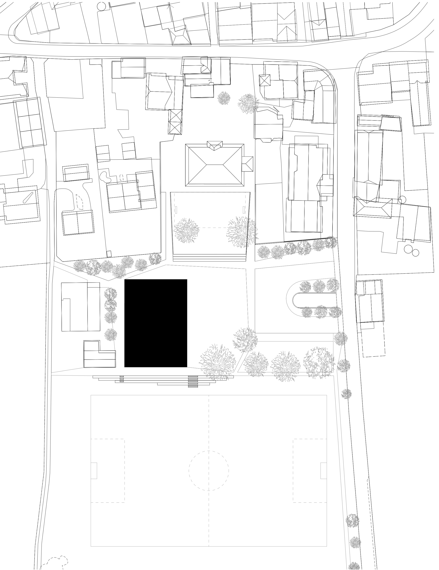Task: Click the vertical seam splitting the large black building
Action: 187,324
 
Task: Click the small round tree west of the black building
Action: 110,334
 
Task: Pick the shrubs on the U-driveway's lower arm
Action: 322,313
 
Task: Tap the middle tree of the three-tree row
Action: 287,363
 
